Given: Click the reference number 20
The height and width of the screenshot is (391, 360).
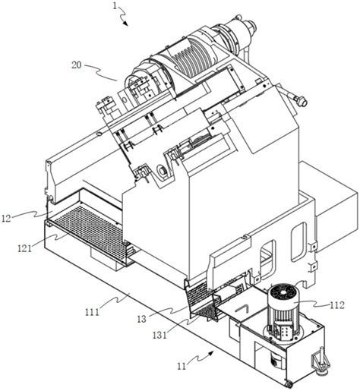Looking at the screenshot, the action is click(x=77, y=65).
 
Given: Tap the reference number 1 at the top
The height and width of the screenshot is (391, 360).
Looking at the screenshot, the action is click(x=115, y=6).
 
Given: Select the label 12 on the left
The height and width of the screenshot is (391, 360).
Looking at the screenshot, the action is click(x=6, y=218).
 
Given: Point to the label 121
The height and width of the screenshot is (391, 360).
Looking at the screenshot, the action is click(x=24, y=248).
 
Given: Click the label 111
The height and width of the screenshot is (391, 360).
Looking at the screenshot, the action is click(x=92, y=312).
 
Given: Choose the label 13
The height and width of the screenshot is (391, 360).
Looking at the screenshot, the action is click(x=142, y=319).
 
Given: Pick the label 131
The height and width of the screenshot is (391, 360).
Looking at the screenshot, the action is click(x=159, y=335).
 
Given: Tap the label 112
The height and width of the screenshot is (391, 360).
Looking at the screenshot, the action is click(x=337, y=305).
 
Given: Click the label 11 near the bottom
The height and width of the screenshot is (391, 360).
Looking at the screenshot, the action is click(x=182, y=366).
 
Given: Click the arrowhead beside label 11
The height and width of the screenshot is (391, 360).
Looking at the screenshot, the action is click(x=211, y=353).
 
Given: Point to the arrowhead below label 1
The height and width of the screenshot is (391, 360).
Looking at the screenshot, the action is click(x=125, y=24).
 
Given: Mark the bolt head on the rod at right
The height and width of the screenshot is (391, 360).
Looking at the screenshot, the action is click(x=302, y=101).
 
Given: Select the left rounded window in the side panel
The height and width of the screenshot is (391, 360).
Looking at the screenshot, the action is click(x=268, y=256).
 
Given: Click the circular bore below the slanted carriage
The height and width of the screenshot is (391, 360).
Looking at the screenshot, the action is click(x=161, y=169).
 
